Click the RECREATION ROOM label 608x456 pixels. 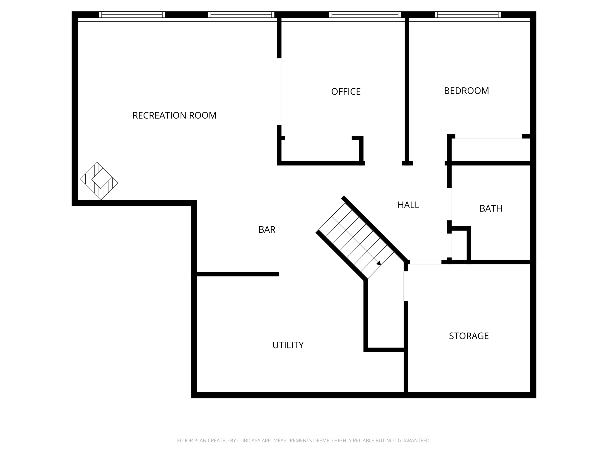[175, 115]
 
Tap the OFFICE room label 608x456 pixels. [346, 91]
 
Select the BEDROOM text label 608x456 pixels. [467, 91]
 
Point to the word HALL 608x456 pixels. [408, 205]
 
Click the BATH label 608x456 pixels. [491, 208]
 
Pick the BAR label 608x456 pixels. [267, 229]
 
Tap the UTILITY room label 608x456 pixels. [288, 345]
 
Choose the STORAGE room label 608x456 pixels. [469, 336]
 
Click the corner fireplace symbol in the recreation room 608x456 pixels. [99, 181]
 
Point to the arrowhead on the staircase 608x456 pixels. [379, 263]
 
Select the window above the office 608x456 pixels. [365, 15]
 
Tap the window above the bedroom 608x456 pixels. [468, 15]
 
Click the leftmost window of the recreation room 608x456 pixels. [132, 15]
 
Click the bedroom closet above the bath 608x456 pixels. [491, 149]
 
